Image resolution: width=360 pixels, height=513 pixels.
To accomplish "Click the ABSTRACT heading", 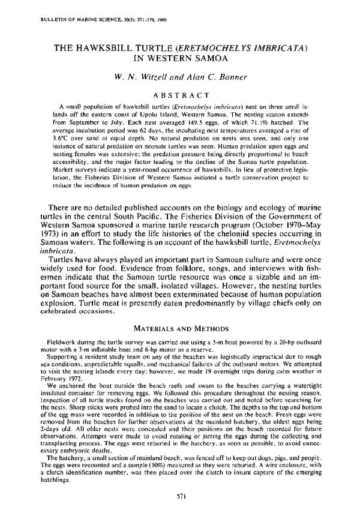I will click(180, 94).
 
